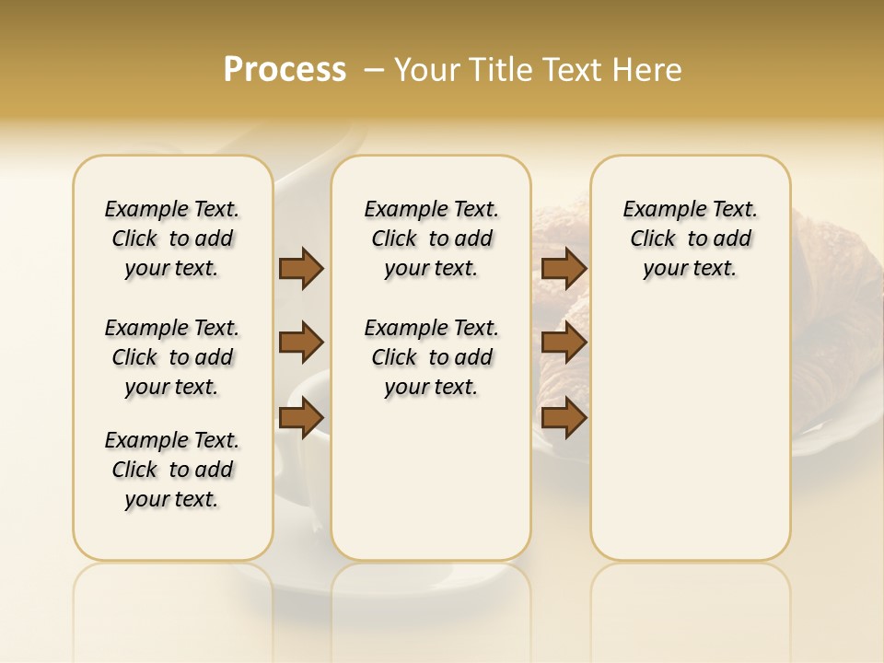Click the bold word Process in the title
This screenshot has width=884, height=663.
(x=285, y=70)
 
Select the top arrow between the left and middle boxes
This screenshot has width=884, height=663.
(x=301, y=268)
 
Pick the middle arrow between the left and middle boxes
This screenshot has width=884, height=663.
(x=301, y=343)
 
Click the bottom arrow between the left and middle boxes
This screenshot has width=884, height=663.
(x=301, y=417)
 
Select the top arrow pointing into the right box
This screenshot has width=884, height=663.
(x=564, y=268)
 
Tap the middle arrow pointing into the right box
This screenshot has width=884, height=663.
(x=564, y=343)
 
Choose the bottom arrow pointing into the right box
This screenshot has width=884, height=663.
(x=564, y=417)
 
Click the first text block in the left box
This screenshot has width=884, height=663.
(x=172, y=238)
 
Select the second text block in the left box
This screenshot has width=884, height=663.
(x=172, y=357)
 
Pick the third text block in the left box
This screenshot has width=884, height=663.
(x=172, y=470)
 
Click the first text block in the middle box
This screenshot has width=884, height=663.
(x=431, y=238)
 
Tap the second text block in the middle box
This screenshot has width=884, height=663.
(x=431, y=357)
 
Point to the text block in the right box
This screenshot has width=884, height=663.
(x=690, y=238)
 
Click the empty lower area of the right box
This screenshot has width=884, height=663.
(x=690, y=433)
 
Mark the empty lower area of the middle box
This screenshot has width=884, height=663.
(x=431, y=479)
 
